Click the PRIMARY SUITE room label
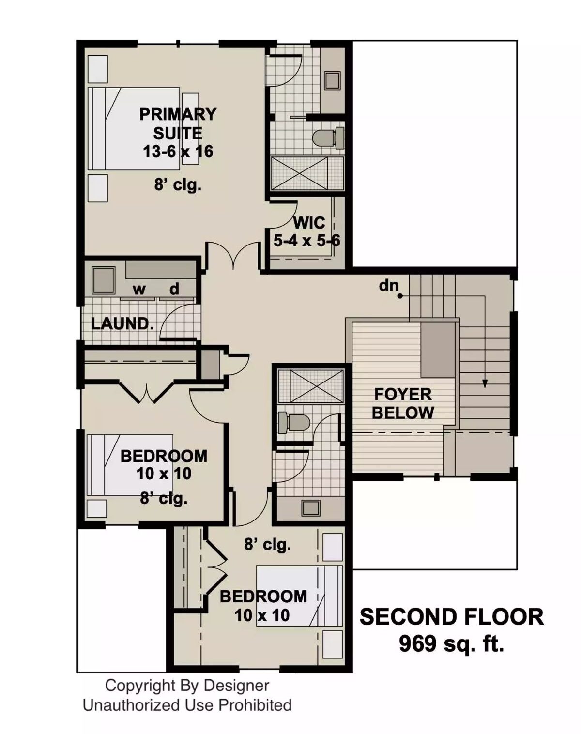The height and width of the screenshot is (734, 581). pyautogui.click(x=178, y=123)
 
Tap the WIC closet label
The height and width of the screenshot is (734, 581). pyautogui.click(x=309, y=223)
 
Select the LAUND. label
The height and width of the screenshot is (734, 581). pyautogui.click(x=122, y=323)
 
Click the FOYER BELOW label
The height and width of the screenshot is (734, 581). pyautogui.click(x=403, y=403)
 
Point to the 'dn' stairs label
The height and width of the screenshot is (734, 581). pyautogui.click(x=388, y=286)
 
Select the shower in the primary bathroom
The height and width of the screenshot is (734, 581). pyautogui.click(x=306, y=173)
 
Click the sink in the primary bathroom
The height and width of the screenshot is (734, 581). pyautogui.click(x=332, y=80)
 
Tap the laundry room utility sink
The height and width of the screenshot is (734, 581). pyautogui.click(x=103, y=280)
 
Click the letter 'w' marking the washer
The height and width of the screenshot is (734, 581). pyautogui.click(x=139, y=290)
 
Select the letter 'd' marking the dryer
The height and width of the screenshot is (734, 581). pyautogui.click(x=174, y=289)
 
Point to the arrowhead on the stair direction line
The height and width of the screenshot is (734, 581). pyautogui.click(x=485, y=383)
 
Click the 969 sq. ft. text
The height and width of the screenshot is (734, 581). pyautogui.click(x=451, y=644)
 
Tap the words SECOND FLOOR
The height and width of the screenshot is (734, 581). pyautogui.click(x=451, y=617)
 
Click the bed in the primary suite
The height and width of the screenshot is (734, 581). pyautogui.click(x=133, y=128)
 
